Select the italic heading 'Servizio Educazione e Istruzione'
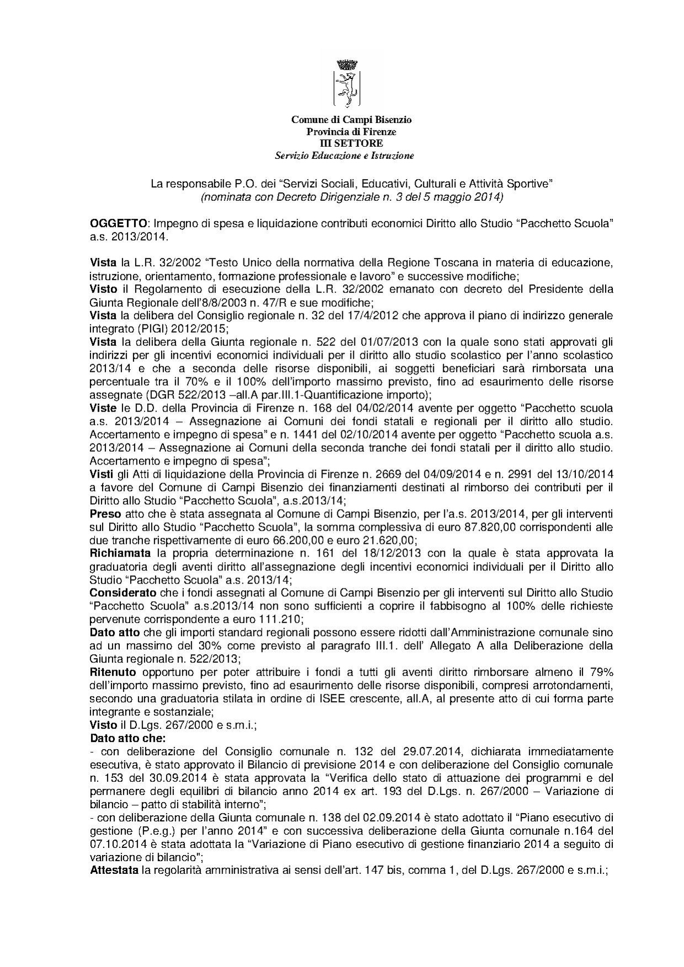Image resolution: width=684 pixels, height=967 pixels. click(344, 156)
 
